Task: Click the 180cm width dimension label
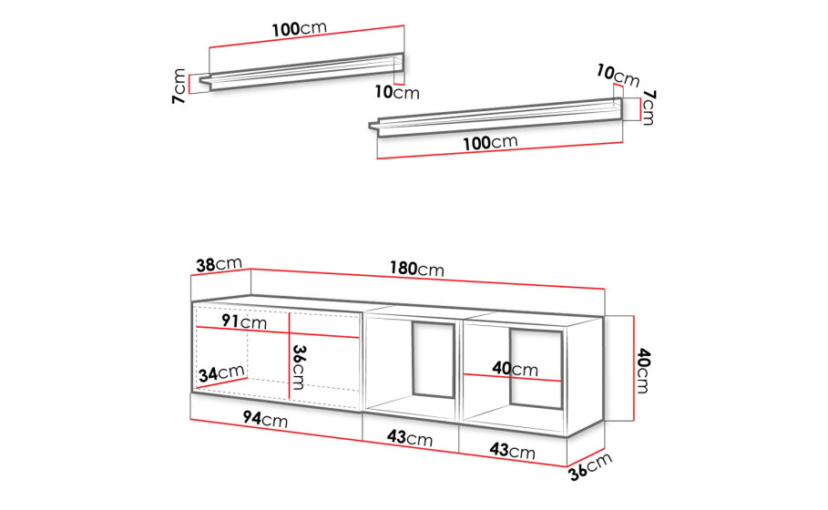416,269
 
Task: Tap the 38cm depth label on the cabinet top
220,264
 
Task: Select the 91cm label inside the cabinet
244,321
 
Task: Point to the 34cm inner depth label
221,373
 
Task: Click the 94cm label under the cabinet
265,419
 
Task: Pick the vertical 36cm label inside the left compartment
299,367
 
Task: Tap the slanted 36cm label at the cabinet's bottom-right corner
591,466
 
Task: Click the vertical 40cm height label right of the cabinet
643,370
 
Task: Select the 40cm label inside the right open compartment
515,368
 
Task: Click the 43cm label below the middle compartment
409,438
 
